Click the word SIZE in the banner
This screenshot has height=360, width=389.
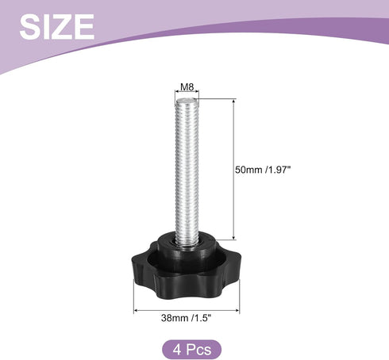(57, 26)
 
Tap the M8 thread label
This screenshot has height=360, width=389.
(187, 86)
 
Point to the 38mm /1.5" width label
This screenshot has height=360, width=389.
(187, 318)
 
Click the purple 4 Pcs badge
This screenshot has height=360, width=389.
(191, 350)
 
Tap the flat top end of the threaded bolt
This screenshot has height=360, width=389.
(187, 101)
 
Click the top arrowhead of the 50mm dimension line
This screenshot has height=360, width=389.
(233, 101)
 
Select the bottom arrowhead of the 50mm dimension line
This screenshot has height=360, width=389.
(233, 237)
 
